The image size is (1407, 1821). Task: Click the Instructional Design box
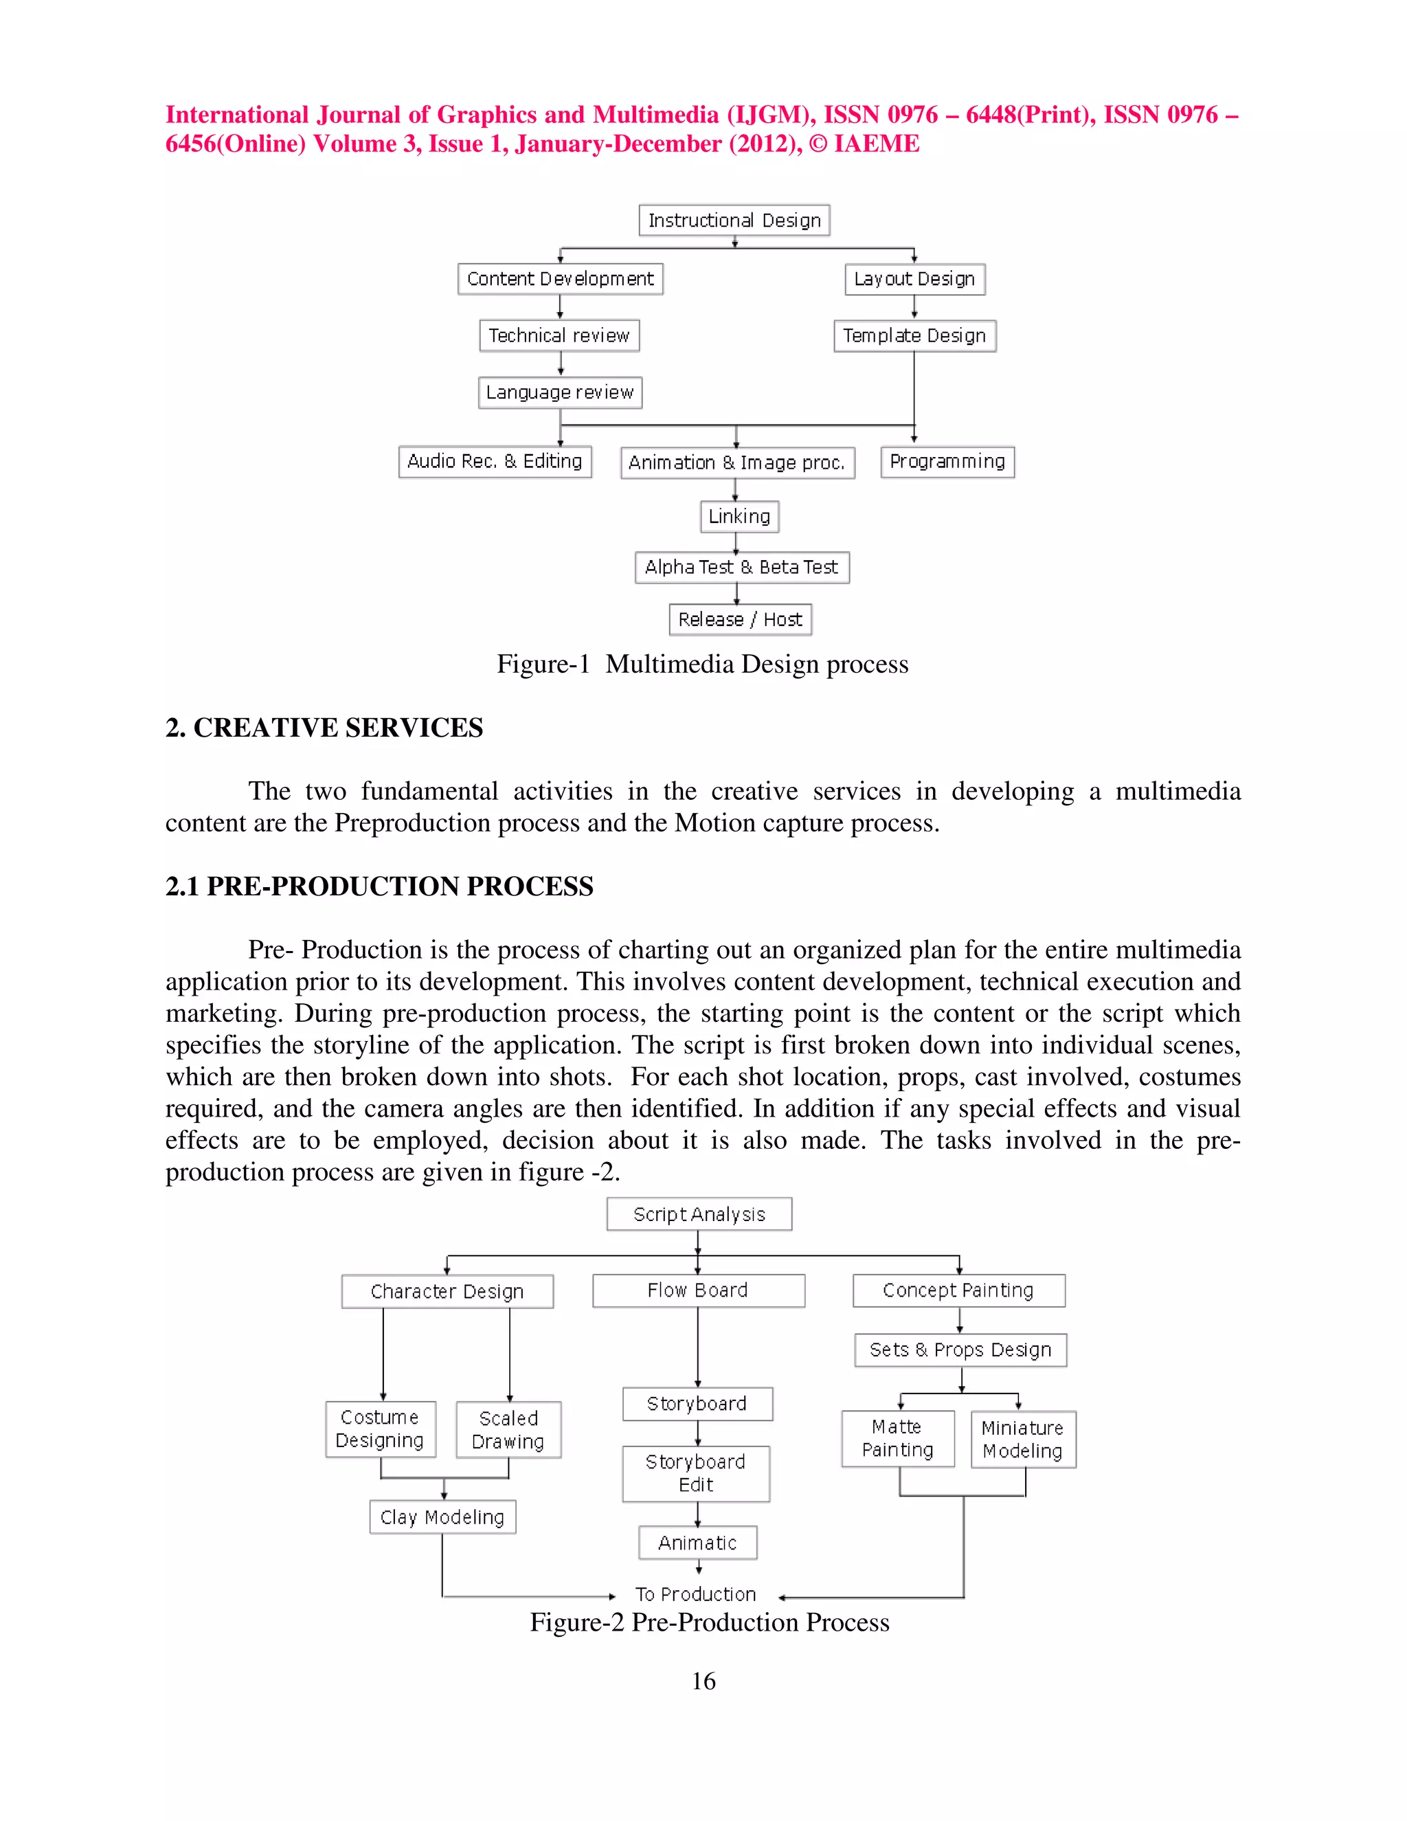734,220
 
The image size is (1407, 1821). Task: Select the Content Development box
560,278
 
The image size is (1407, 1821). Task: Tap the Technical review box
559,335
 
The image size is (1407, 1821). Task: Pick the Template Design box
914,335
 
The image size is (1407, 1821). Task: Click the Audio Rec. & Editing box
495,461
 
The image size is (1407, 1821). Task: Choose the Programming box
947,461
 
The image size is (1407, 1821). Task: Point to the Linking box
739,516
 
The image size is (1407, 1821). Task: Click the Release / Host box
740,620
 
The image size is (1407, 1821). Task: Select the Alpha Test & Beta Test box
742,567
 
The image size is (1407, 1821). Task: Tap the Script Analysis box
699,1214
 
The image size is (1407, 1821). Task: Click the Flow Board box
699,1290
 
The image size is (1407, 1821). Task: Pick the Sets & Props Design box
960,1349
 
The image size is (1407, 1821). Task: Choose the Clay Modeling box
442,1517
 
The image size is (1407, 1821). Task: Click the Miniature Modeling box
1023,1439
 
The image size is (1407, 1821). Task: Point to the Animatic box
698,1543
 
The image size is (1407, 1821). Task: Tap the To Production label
696,1594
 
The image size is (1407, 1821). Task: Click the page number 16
703,1680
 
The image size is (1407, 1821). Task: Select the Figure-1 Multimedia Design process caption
703,664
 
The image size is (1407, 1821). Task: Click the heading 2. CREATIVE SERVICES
324,727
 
